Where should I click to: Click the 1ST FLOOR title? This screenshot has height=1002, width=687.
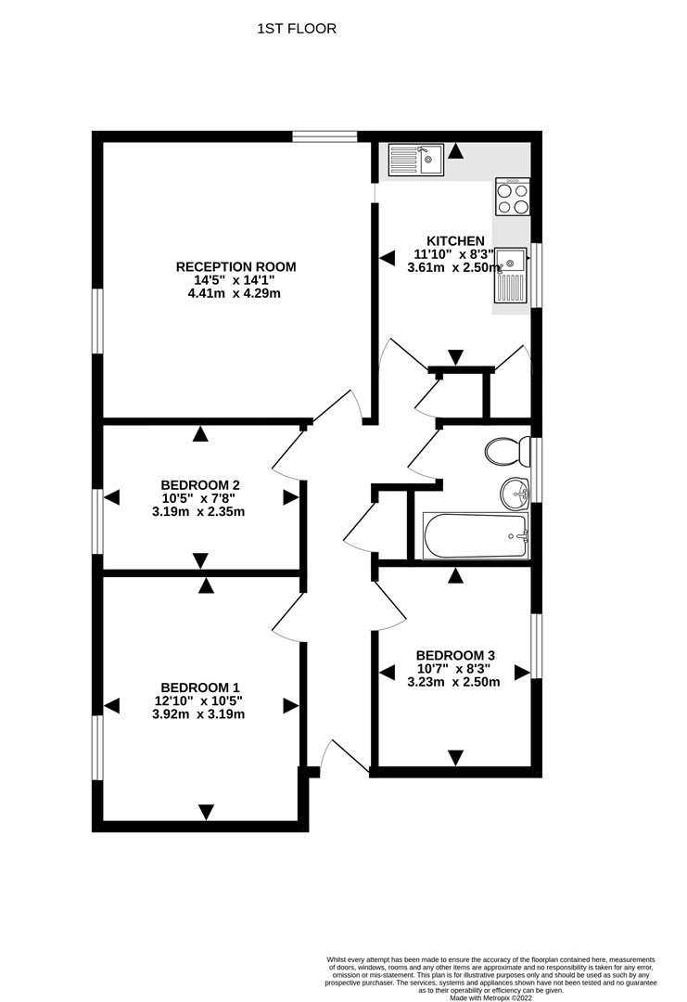297,29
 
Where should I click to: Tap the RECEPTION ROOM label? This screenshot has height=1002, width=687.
236,267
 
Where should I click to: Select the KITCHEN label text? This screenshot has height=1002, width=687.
455,241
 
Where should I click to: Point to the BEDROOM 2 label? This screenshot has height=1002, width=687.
200,485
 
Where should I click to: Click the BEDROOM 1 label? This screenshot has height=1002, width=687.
200,687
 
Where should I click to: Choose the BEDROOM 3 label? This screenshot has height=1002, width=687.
455,655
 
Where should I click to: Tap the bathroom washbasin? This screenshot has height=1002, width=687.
515,494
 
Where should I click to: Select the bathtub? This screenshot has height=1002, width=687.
477,535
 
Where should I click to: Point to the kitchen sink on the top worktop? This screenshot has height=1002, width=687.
415,160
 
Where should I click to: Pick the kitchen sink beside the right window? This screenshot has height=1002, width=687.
510,275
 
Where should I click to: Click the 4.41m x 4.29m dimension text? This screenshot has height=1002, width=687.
236,294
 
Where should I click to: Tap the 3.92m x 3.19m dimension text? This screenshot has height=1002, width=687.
198,714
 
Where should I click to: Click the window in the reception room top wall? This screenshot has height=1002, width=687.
325,136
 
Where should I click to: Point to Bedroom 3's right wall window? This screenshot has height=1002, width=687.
536,646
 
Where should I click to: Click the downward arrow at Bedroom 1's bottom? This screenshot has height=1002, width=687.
206,812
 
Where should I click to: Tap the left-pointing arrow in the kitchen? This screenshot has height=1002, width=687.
387,258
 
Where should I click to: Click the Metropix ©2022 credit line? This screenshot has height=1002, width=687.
490,997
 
